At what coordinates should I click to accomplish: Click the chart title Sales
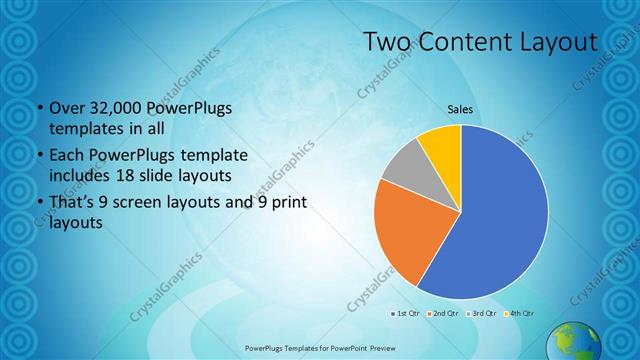pos(460,109)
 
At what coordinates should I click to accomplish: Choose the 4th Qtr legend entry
pos(517,314)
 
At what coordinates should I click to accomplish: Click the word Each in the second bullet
pos(66,157)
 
